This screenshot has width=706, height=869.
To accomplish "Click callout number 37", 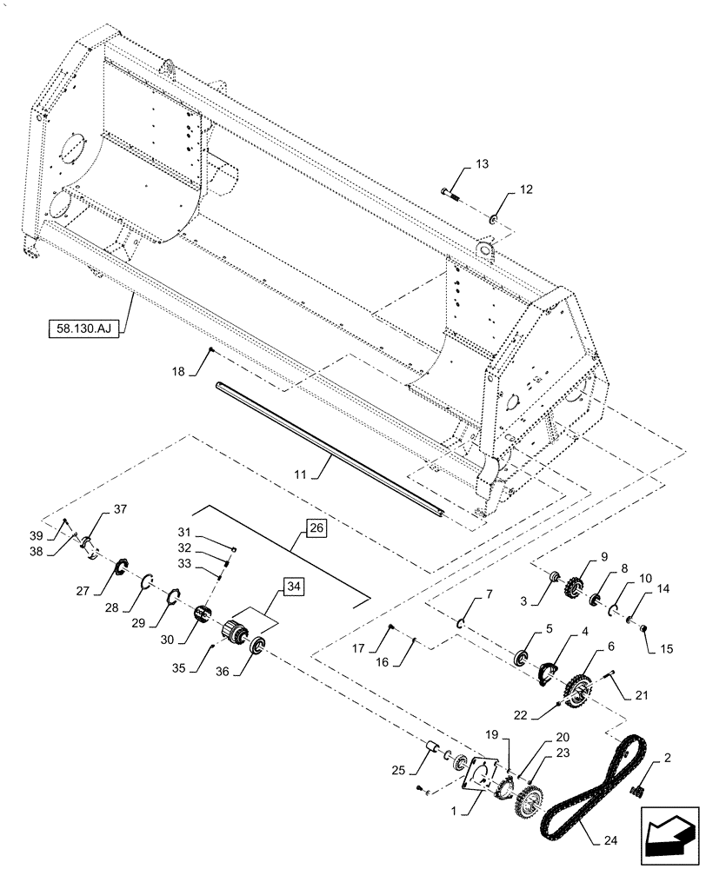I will pyautogui.click(x=119, y=511).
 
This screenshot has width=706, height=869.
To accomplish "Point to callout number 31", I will pyautogui.click(x=184, y=533).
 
